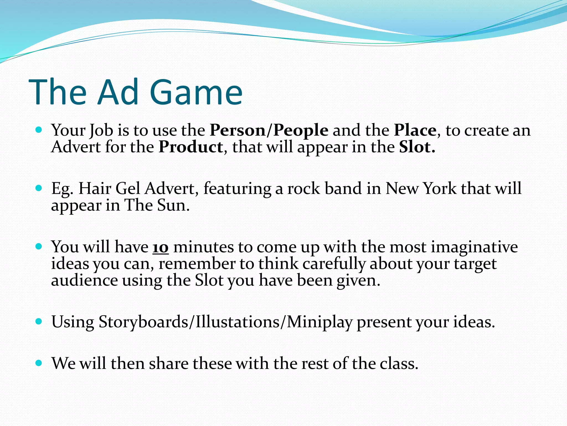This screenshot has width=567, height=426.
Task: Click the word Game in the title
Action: [x=196, y=92]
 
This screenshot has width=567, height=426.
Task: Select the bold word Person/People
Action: [x=269, y=130]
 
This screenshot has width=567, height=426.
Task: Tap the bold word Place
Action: [x=415, y=130]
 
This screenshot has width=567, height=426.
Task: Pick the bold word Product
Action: [x=191, y=147]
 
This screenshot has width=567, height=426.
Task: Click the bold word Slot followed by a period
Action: [x=417, y=147]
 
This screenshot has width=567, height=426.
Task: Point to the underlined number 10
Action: [x=161, y=247]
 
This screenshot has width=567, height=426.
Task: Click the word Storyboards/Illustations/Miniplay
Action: [x=225, y=322]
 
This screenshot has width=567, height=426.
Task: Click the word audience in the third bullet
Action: [x=84, y=280]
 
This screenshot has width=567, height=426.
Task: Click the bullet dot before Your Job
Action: [x=39, y=130]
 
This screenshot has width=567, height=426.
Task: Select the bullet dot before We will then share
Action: [x=39, y=363]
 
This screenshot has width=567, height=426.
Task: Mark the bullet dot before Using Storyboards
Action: [x=39, y=322]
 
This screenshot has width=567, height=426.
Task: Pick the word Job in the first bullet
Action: [x=101, y=131]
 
